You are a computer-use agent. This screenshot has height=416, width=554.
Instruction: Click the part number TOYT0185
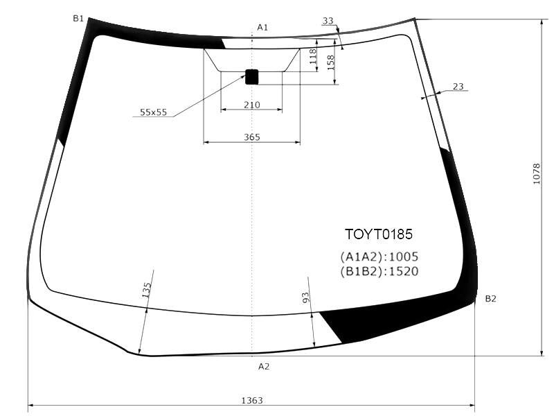coord(378,234)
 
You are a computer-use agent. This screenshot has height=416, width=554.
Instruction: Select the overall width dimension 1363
coord(252,400)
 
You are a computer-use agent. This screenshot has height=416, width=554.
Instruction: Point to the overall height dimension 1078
coord(536,174)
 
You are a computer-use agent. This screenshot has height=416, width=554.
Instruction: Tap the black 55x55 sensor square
coord(252,77)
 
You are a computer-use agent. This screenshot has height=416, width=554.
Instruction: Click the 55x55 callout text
coord(153,112)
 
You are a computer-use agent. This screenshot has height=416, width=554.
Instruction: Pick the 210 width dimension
coord(252,105)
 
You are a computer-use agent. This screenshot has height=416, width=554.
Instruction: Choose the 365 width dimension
coord(252,137)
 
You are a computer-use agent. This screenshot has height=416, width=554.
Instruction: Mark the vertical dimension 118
coord(313,56)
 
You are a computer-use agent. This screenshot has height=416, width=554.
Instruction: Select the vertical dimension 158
coord(331,62)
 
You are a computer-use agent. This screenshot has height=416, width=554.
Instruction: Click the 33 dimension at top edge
coord(328,21)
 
